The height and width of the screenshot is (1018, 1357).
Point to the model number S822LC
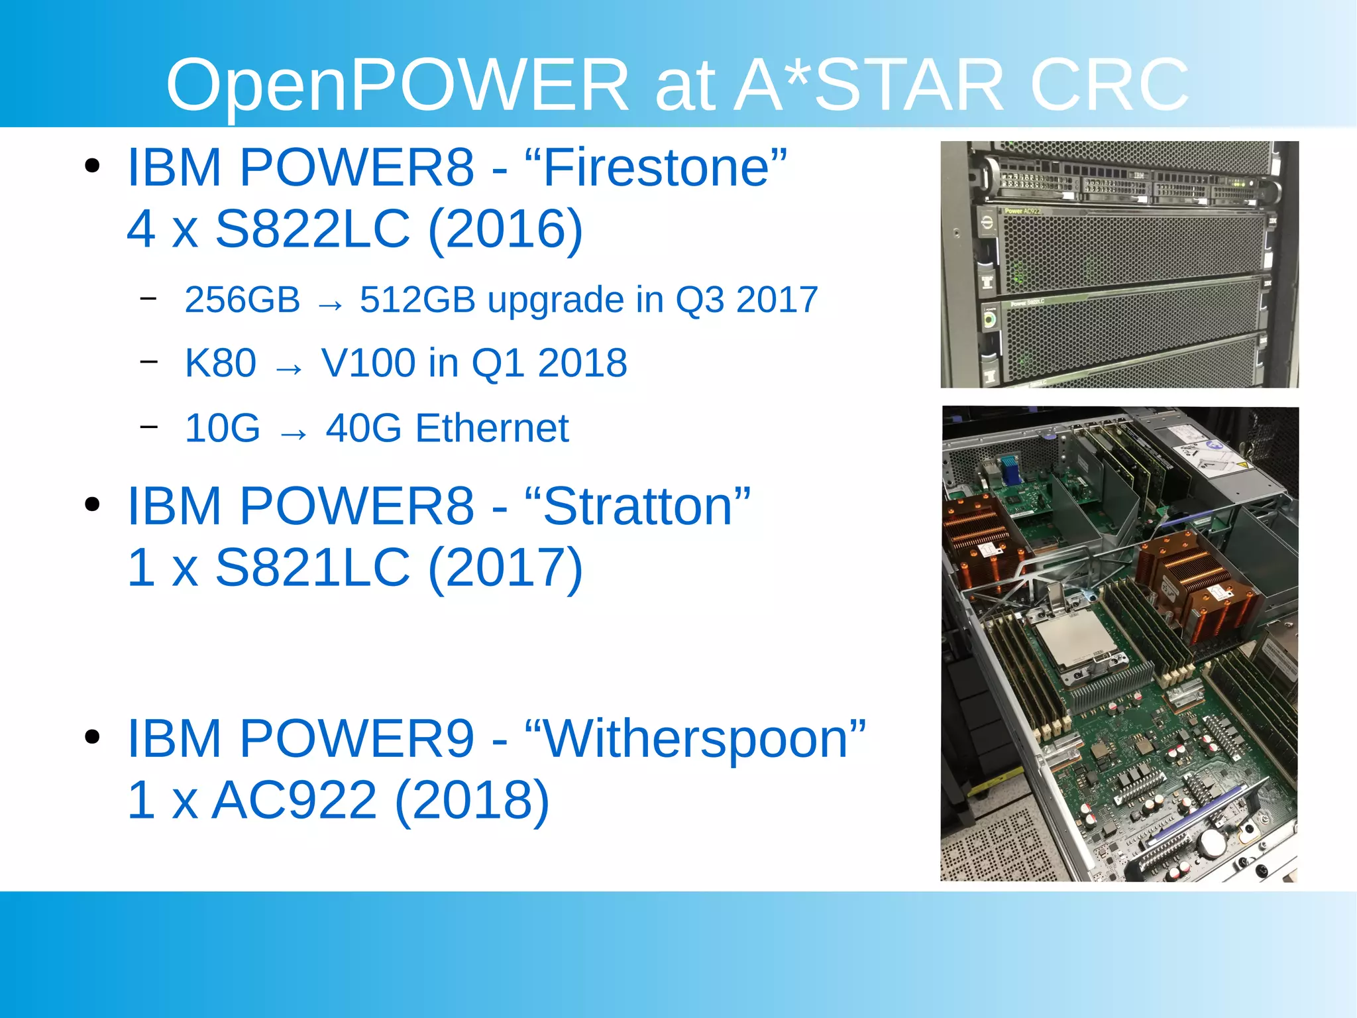pos(313,229)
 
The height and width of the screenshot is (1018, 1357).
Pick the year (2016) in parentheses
pos(506,229)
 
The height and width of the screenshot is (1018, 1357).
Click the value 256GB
pos(243,300)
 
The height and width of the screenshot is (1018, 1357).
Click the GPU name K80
pos(221,363)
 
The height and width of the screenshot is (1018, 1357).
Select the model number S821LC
pos(313,568)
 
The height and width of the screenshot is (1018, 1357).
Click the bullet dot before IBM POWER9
pos(93,736)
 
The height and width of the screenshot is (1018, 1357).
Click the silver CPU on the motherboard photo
pos(1075,640)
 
